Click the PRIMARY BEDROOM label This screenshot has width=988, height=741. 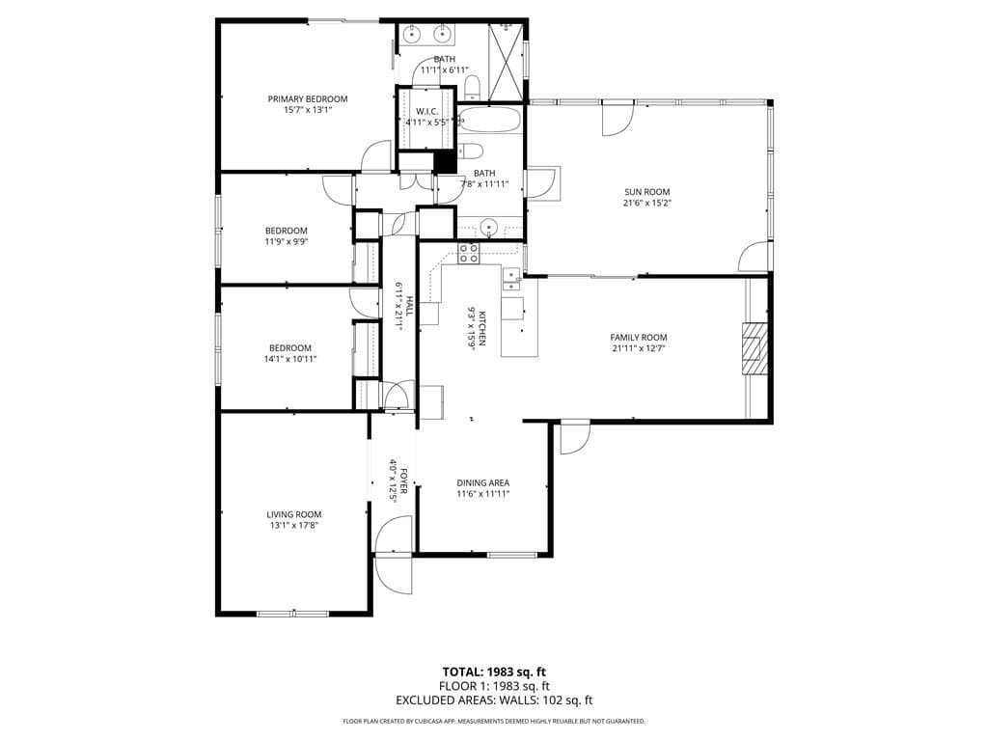click(307, 98)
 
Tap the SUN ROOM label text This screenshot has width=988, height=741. click(646, 192)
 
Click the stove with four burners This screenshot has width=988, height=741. click(468, 254)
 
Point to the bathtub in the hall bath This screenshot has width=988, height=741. click(490, 120)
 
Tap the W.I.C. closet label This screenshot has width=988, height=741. click(427, 111)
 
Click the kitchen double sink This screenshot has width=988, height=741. click(510, 279)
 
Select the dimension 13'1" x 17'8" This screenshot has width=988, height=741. click(293, 526)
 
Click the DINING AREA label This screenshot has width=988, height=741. click(482, 482)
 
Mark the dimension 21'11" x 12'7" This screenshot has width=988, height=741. click(638, 348)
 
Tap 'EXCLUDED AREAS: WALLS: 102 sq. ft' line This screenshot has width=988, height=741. click(493, 700)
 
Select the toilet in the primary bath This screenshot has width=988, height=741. click(472, 89)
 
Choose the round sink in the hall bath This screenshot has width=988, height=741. click(489, 229)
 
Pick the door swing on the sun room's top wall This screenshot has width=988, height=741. click(614, 119)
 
